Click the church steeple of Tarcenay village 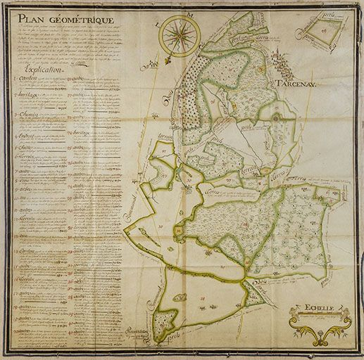[285, 63]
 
